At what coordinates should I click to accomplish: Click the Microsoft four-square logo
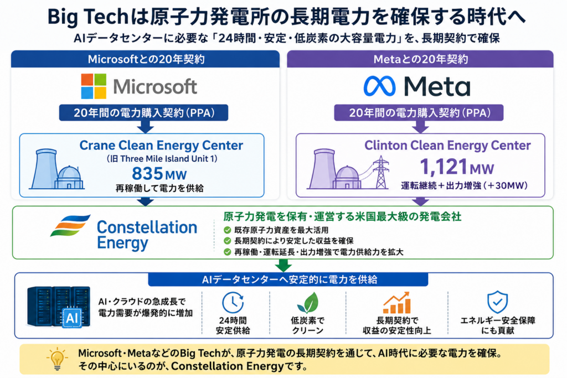pos(94,86)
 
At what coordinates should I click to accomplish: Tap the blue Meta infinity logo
pos(379,86)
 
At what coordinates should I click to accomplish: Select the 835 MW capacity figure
pos(159,173)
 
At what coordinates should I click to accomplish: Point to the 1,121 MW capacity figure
pos(457,167)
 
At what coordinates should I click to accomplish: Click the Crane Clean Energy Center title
pos(161,145)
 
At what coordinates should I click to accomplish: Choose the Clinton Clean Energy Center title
pos(447,145)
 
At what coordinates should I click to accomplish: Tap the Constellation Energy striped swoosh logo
pos(70,225)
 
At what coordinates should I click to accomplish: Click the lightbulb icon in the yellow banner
pos(57,359)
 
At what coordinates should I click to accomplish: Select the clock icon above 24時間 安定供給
pos(233,302)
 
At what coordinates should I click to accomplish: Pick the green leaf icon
pos(308,302)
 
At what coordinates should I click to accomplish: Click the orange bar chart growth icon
pos(396,303)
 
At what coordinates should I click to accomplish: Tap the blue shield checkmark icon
pos(497,302)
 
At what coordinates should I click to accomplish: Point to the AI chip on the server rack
pos(72,318)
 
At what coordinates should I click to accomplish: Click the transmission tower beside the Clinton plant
pos(381,172)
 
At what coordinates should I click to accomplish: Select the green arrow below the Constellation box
pos(283,265)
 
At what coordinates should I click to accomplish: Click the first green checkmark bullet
pos(227,230)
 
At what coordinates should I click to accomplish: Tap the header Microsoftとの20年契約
pos(146,59)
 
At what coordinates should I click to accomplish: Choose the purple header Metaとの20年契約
pos(421,59)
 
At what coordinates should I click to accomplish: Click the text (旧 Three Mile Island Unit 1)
pos(162,159)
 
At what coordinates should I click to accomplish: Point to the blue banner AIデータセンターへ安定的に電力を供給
pos(288,279)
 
